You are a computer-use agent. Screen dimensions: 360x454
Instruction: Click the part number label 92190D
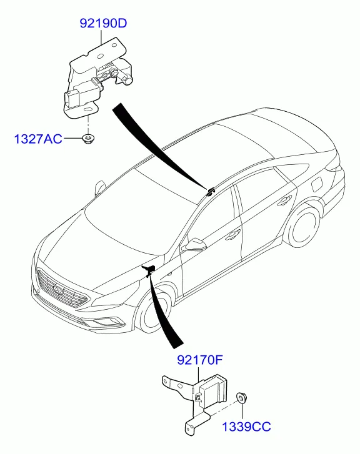coord(103,24)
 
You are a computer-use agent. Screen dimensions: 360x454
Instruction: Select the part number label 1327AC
coord(38,139)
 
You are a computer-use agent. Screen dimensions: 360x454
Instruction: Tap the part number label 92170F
coord(200,360)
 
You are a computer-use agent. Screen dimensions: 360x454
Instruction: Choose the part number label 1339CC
coord(246,427)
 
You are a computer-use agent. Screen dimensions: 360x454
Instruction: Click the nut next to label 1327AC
coord(88,139)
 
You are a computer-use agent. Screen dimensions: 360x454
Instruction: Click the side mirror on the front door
coord(194,245)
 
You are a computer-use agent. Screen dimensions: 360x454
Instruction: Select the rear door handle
coord(284,200)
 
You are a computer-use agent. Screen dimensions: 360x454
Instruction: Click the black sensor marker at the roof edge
coord(210,191)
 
